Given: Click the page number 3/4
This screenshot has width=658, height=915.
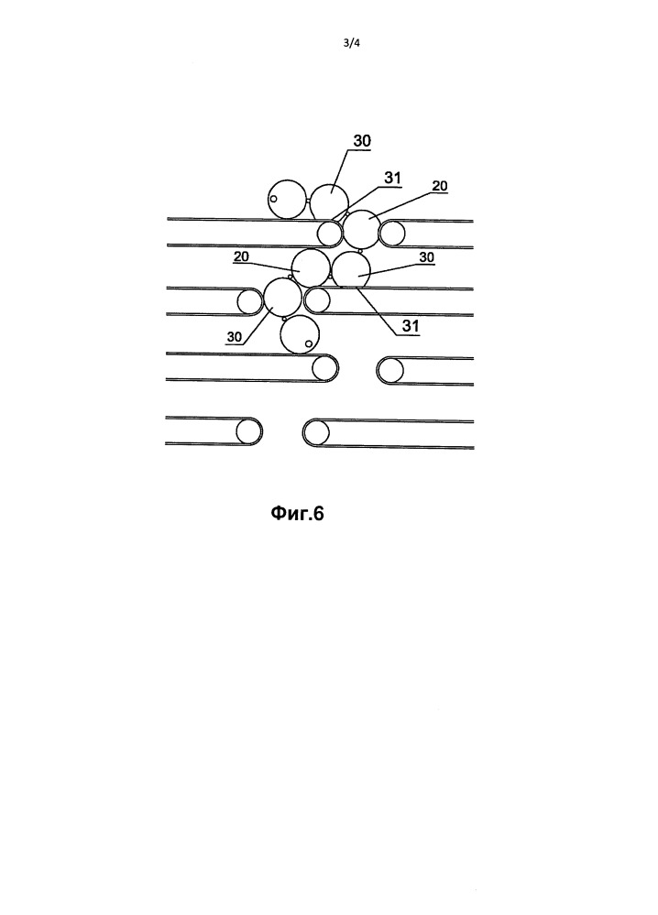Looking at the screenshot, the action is (x=351, y=43).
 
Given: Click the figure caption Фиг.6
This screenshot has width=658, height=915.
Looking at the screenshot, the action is (x=297, y=513).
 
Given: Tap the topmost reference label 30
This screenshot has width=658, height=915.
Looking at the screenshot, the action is (x=362, y=141).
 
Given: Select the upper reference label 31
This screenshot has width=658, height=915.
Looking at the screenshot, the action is (x=392, y=178).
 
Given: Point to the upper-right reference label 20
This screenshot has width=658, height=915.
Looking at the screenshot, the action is (x=440, y=186).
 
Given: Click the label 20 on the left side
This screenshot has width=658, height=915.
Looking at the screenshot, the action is (x=241, y=256).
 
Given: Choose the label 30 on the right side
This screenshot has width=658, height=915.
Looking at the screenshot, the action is (x=427, y=256).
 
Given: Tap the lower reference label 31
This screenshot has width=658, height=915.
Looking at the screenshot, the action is (x=411, y=326).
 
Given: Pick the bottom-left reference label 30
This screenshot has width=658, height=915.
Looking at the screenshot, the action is (x=234, y=337).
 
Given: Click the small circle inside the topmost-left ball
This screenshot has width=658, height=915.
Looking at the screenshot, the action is (x=273, y=199).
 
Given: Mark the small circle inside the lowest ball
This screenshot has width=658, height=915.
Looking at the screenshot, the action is (x=309, y=343).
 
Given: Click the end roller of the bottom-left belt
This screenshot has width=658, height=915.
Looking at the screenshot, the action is (x=248, y=431).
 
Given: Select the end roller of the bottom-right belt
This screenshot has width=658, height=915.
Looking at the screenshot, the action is (x=316, y=433).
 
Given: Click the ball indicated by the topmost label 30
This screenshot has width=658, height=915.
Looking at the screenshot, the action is (x=329, y=202).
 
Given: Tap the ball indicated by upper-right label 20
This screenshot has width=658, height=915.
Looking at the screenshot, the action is (x=362, y=229).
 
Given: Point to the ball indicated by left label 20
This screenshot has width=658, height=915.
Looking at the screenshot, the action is (x=311, y=268).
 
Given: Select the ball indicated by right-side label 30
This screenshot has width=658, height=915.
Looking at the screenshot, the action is (x=351, y=271).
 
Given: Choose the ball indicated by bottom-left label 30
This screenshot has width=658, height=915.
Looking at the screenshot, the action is (x=283, y=297).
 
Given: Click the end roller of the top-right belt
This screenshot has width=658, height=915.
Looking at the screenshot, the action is (x=391, y=234).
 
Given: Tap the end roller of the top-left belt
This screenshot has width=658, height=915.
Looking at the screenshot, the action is (x=329, y=234).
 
